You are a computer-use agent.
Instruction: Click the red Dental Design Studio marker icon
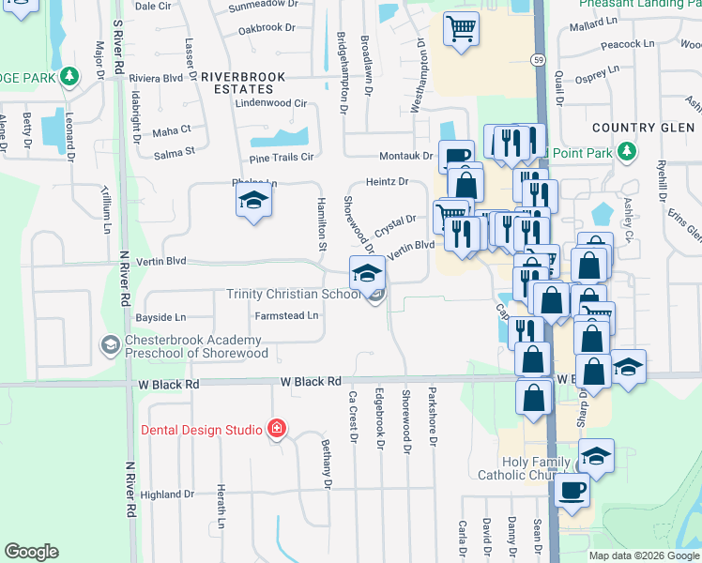tap(276, 430)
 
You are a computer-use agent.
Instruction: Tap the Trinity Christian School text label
tap(294, 295)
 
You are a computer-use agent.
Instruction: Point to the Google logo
tap(31, 552)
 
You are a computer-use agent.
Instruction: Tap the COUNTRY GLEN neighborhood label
tap(634, 127)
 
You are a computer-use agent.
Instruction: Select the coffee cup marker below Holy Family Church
tap(572, 490)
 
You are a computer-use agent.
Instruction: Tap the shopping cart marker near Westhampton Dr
tap(461, 28)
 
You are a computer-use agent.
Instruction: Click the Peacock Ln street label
tap(628, 44)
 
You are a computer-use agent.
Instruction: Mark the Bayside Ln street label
tap(160, 317)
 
